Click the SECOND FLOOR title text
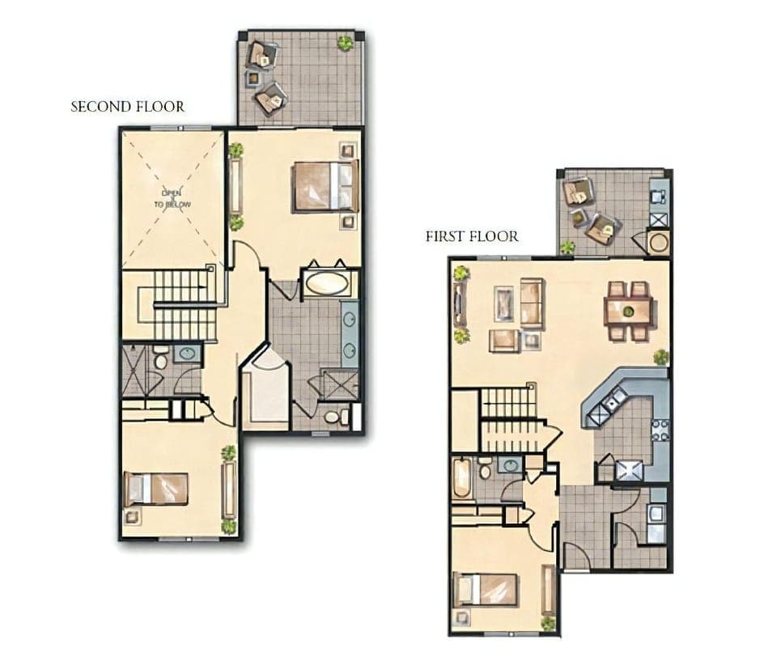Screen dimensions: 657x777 (x=127, y=106)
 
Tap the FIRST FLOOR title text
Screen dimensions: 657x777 (x=472, y=236)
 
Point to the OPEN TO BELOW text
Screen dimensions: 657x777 (x=172, y=199)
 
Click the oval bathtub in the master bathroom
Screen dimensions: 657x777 (x=327, y=283)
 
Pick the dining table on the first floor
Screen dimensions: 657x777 (x=628, y=309)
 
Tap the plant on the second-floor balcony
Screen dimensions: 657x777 (x=346, y=43)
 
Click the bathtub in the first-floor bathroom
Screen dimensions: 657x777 (x=461, y=478)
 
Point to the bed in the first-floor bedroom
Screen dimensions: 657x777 (x=486, y=589)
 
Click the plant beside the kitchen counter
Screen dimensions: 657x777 (x=661, y=356)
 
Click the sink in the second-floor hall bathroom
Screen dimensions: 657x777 (x=188, y=354)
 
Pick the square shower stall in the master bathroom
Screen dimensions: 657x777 (x=339, y=384)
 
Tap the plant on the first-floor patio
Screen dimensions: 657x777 (x=567, y=248)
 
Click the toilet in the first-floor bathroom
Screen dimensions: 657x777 (x=484, y=468)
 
